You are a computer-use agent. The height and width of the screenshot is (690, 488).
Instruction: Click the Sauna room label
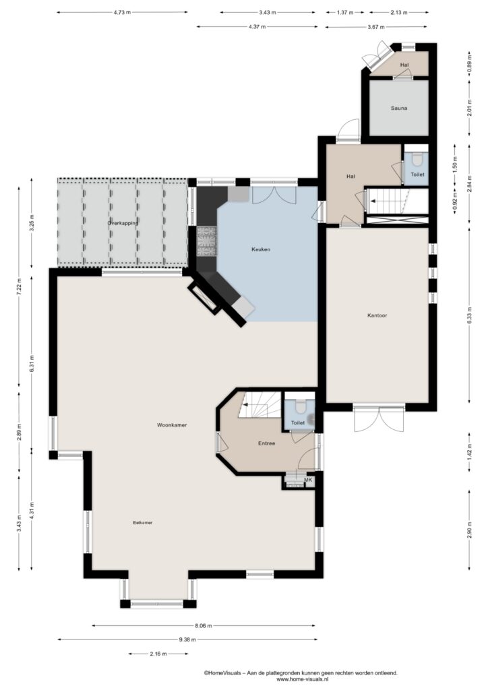tap(398, 108)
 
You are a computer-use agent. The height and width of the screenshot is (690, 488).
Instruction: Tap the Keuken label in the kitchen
tap(260, 249)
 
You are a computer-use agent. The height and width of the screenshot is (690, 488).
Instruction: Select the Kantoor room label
tap(377, 315)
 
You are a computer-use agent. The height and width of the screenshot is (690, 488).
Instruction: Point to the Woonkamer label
tap(172, 425)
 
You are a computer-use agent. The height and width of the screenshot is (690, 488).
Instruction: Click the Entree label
tap(267, 443)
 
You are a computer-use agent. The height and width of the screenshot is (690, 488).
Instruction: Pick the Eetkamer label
tap(143, 523)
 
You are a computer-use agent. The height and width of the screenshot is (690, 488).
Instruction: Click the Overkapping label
tap(123, 223)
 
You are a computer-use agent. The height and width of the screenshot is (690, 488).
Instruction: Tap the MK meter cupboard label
tap(308, 480)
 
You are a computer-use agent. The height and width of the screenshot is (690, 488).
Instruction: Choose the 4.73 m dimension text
tap(122, 12)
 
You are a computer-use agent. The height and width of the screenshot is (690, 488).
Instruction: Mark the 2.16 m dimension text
tap(158, 654)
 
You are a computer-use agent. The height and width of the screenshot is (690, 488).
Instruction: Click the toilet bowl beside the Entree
tap(301, 407)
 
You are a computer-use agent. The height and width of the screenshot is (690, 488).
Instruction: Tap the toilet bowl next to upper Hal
tap(417, 160)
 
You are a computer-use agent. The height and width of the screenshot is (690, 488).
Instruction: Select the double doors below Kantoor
tap(379, 418)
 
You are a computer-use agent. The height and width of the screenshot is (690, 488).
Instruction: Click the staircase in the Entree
tap(260, 404)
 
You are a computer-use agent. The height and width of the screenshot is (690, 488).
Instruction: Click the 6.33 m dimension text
tap(470, 315)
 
